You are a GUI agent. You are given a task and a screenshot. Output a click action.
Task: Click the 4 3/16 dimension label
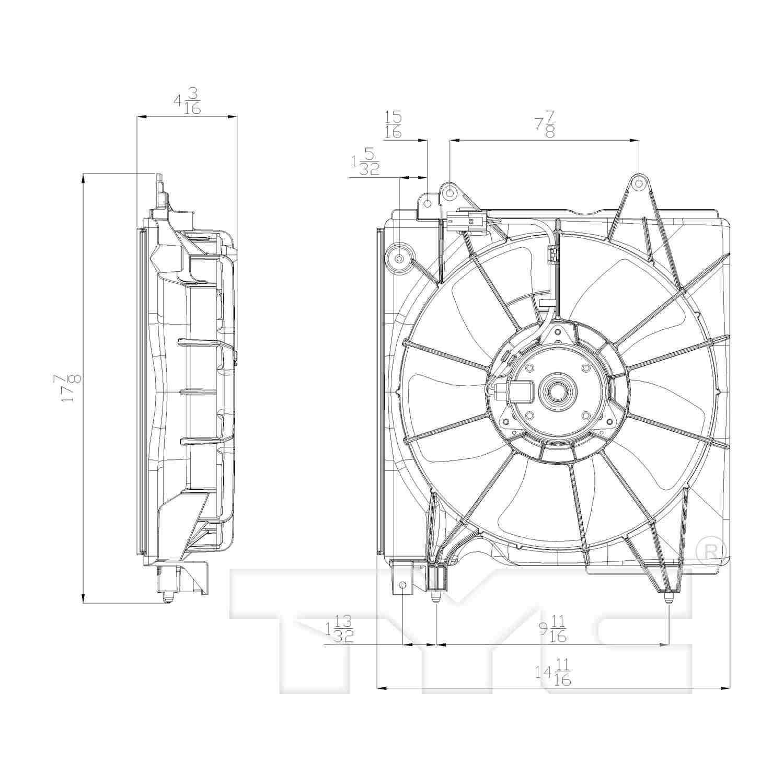pos(187,100)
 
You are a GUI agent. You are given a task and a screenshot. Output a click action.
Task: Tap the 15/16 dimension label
pos(393,124)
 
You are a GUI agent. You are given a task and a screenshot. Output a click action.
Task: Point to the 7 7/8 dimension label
pos(544,124)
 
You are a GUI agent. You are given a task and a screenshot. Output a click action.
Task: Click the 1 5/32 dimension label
pos(365,162)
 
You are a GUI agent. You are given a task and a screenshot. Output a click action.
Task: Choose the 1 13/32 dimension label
pos(340,629)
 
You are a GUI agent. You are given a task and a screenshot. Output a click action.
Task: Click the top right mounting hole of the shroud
pos(639,183)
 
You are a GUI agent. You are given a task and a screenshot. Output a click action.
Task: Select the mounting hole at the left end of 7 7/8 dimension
pos(450,193)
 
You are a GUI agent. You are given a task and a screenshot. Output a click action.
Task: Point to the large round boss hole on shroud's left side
pos(399,258)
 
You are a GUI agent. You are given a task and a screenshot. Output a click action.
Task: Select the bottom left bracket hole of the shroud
pos(402,585)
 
